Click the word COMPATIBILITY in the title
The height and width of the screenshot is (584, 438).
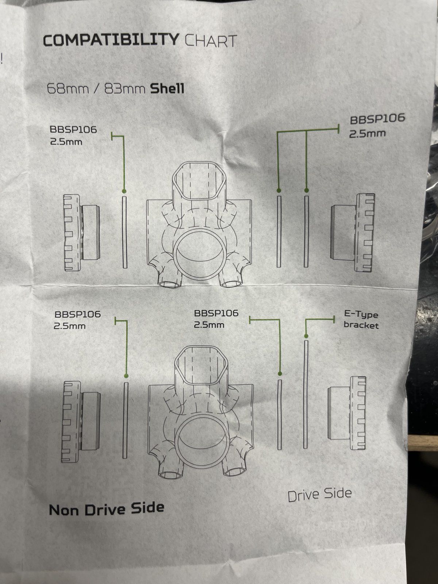pos(111,40)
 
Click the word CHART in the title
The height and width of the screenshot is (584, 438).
pos(211,41)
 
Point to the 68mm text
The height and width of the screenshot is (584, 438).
pos(68,88)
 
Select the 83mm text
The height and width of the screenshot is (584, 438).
pos(125,89)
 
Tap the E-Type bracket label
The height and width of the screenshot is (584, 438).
pos(361,319)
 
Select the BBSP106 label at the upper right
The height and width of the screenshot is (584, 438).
pos(377,119)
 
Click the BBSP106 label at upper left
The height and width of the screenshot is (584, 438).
pos(73,130)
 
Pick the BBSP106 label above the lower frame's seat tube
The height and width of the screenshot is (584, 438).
pos(216,313)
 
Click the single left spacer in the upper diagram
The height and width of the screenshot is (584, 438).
pos(125,232)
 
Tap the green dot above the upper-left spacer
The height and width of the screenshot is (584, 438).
pos(124,191)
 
